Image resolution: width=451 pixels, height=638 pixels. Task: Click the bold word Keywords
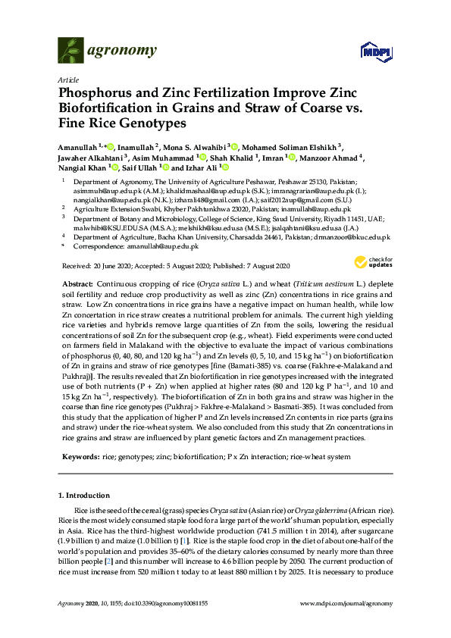[x=79, y=458]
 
